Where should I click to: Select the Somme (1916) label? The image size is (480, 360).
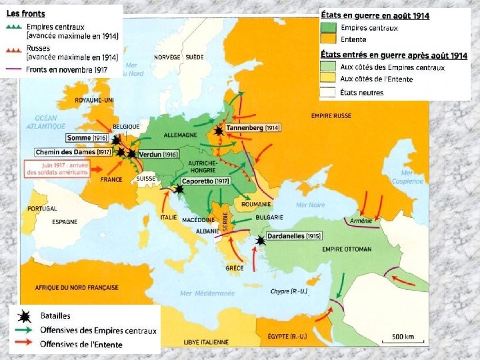point(87,138)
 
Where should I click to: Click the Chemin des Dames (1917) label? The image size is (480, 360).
point(73,152)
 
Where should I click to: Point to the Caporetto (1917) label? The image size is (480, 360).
point(206,181)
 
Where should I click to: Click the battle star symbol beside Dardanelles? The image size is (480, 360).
point(261,241)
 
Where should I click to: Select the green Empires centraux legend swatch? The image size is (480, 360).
point(329,28)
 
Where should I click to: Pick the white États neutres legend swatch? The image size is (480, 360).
point(329,92)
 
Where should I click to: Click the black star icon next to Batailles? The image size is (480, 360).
point(25,316)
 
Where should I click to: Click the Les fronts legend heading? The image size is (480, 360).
point(22,13)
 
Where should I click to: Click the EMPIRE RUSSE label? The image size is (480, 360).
point(331,116)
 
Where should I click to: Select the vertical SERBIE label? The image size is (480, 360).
point(225,222)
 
